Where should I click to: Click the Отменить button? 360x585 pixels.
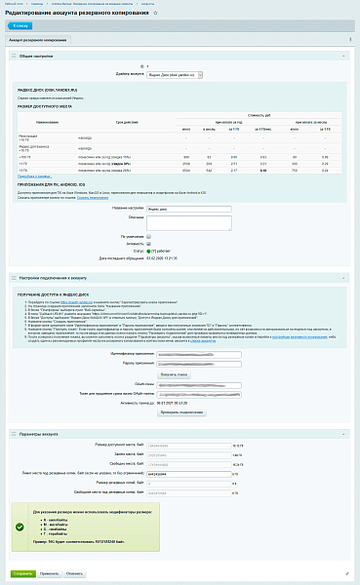(75, 573)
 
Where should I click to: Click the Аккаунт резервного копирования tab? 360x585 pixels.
(38, 40)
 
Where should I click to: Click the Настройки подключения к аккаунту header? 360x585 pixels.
(59, 279)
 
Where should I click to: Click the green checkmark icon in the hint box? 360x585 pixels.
(19, 525)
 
